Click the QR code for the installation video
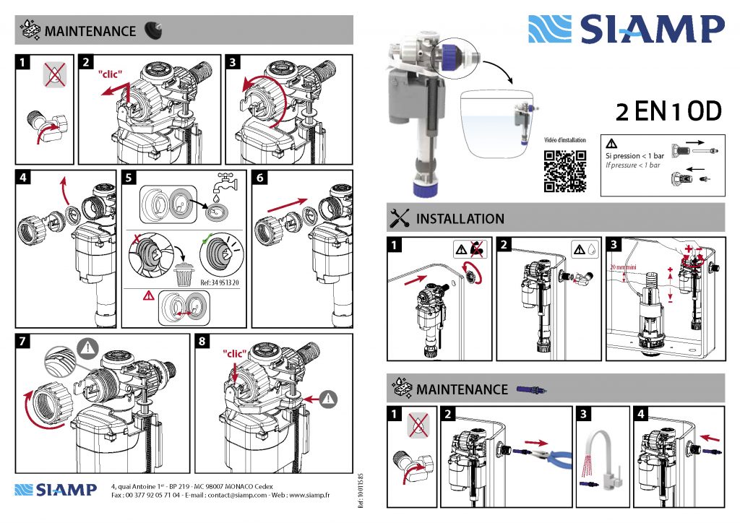click(564, 171)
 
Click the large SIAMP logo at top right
click(626, 30)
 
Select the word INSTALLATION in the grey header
click(460, 218)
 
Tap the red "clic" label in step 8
click(235, 354)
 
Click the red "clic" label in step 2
click(111, 74)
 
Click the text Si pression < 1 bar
click(634, 156)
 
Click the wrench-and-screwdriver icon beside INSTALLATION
click(399, 217)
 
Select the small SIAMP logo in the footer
click(56, 490)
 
